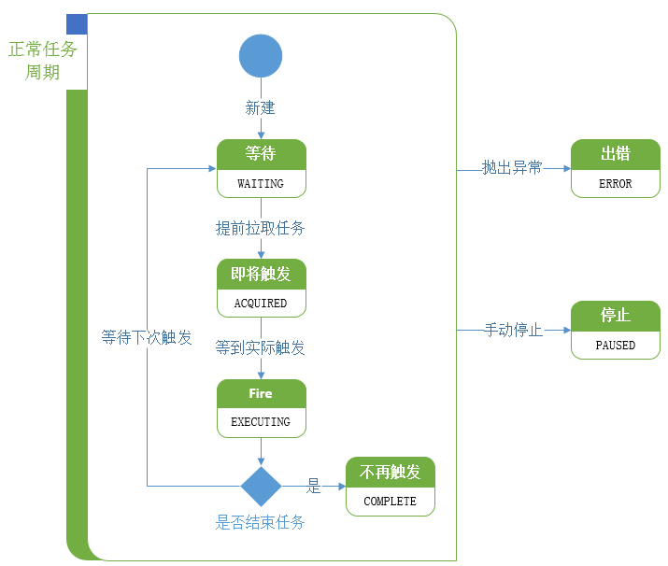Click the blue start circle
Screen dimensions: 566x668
[x=261, y=56]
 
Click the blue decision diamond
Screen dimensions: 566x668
[x=261, y=486]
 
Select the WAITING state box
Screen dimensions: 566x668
[x=261, y=169]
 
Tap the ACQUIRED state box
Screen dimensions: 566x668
[x=261, y=289]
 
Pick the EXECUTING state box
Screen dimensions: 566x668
[x=261, y=408]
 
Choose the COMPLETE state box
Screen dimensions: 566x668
[x=390, y=487]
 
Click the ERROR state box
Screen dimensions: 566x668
[x=615, y=169]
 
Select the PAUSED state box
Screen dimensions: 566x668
[x=615, y=331]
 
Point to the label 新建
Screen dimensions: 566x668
[x=261, y=108]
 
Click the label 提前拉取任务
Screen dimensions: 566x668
[x=261, y=228]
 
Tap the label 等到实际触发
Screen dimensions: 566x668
[x=261, y=347]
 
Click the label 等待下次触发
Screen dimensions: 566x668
[x=147, y=337]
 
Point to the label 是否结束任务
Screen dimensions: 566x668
[x=261, y=522]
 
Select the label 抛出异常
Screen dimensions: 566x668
[x=512, y=168]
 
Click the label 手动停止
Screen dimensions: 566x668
[x=513, y=330]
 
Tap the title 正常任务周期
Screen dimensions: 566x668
[x=42, y=61]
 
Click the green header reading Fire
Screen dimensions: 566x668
[x=261, y=393]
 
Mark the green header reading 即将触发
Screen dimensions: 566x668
[x=261, y=274]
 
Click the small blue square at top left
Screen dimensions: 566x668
[x=77, y=24]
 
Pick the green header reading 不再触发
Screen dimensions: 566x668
[x=390, y=472]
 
